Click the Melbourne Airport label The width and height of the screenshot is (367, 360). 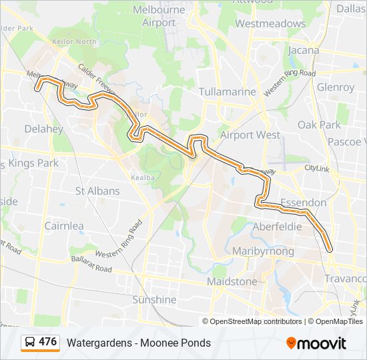pyautogui.click(x=158, y=16)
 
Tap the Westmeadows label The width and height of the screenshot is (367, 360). pyautogui.click(x=270, y=23)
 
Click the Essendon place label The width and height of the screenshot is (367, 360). pyautogui.click(x=303, y=202)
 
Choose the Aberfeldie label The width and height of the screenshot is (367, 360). pyautogui.click(x=277, y=227)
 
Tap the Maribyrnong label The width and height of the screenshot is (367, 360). pyautogui.click(x=263, y=251)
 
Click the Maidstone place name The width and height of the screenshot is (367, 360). pyautogui.click(x=232, y=282)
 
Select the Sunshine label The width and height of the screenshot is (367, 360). pyautogui.click(x=154, y=300)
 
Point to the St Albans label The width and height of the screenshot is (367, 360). pyautogui.click(x=97, y=191)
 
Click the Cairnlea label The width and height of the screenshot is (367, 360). pyautogui.click(x=64, y=226)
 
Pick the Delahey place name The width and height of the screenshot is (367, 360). pyautogui.click(x=43, y=128)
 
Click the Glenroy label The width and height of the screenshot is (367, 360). pyautogui.click(x=336, y=87)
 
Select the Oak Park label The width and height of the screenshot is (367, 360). pyautogui.click(x=319, y=125)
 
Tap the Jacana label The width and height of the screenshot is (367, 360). pyautogui.click(x=303, y=50)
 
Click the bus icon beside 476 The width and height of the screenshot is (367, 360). pyautogui.click(x=30, y=343)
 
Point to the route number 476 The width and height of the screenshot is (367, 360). pyautogui.click(x=48, y=342)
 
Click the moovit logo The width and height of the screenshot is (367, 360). pyautogui.click(x=316, y=343)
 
